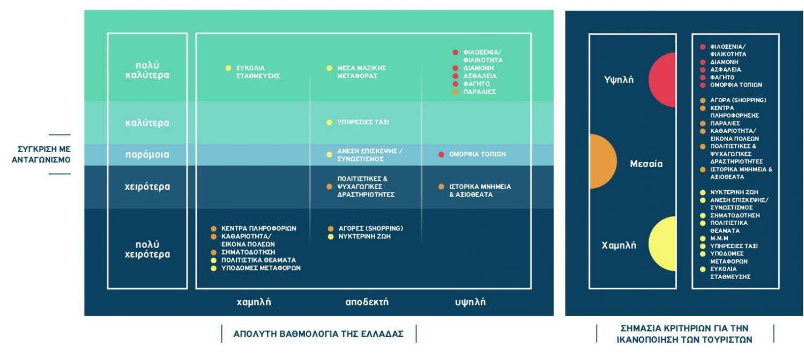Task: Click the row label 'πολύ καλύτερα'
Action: (x=147, y=70)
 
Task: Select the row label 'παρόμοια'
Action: (x=147, y=154)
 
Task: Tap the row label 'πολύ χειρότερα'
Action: (x=147, y=250)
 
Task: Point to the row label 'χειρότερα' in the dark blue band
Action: (x=147, y=187)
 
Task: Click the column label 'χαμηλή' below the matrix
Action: (x=254, y=302)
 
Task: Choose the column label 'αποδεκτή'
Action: (x=367, y=302)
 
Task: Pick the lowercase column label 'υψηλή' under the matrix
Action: (x=470, y=302)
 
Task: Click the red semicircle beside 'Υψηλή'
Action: (x=662, y=80)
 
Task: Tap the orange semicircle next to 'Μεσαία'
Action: (x=604, y=161)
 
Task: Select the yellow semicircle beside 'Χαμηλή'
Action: (x=662, y=244)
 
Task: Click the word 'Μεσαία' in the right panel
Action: (x=646, y=164)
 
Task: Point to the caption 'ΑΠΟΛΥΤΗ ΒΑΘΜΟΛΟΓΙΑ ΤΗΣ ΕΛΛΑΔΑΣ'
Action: (x=319, y=334)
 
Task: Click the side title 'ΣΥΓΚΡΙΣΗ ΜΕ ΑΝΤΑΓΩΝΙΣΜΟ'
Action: (x=41, y=154)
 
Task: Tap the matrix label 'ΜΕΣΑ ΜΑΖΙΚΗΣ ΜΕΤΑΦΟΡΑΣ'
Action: (x=361, y=72)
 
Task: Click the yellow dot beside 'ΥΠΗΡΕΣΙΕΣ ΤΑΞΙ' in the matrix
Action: (x=329, y=123)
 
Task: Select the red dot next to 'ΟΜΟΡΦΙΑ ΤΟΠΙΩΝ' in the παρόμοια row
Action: (x=441, y=154)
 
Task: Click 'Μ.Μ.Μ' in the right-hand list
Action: (x=719, y=238)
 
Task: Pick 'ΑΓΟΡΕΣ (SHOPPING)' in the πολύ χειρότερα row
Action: (x=371, y=228)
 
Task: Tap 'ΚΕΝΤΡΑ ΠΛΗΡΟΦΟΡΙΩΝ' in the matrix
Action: (x=259, y=228)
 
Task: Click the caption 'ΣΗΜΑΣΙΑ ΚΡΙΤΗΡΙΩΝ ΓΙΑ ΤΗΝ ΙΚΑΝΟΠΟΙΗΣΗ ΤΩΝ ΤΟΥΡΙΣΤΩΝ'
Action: (x=684, y=334)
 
